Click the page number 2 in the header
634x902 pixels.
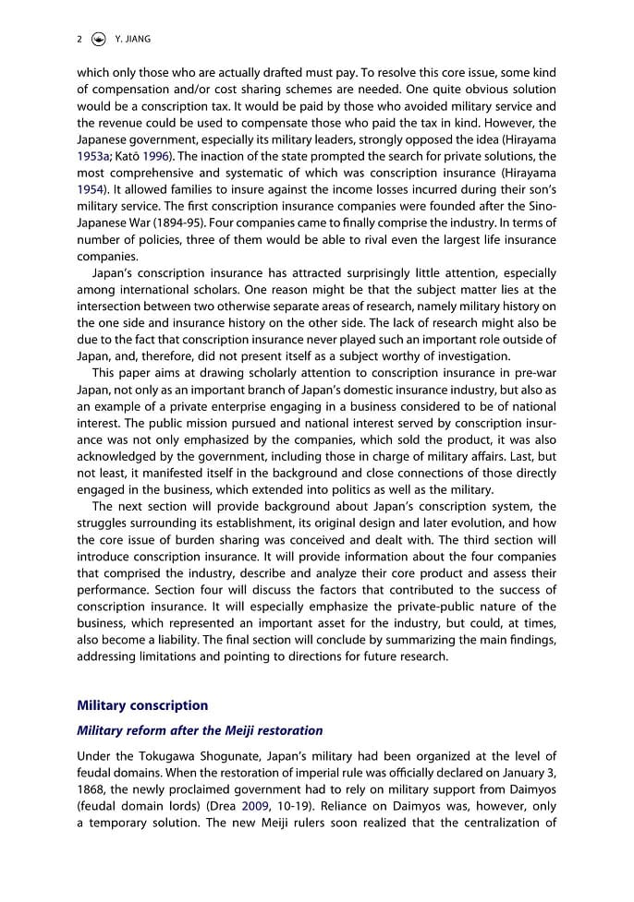click(80, 39)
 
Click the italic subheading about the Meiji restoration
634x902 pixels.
click(200, 730)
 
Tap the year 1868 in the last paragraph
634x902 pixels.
click(92, 789)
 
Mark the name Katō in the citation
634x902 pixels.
click(132, 156)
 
